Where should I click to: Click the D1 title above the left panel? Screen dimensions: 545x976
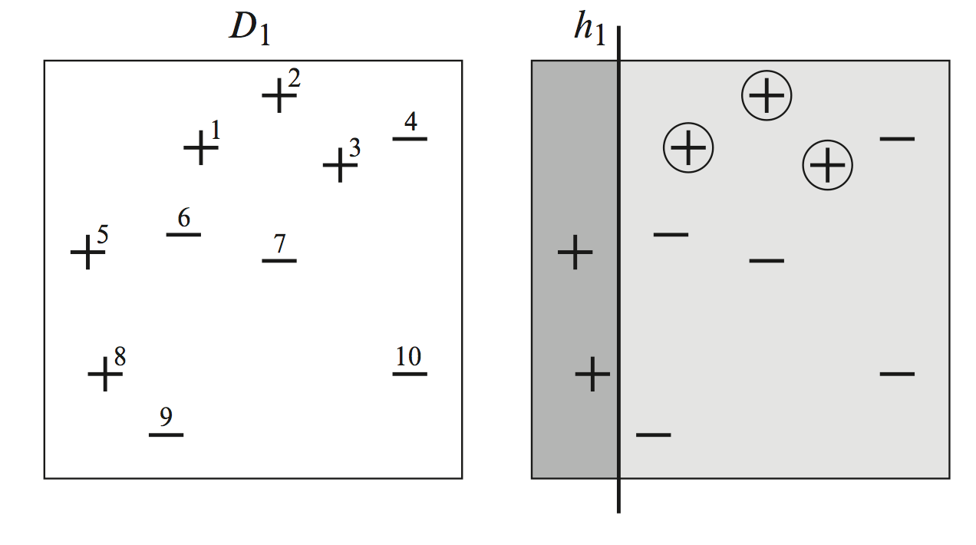(250, 29)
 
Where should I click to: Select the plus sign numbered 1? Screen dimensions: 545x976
(200, 147)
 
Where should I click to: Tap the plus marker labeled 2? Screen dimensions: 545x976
(279, 97)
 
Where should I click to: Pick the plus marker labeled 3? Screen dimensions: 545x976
(339, 164)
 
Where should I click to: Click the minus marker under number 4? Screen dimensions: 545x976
(410, 138)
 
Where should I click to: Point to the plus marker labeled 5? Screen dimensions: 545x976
(87, 252)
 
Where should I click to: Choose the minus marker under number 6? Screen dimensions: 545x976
(183, 234)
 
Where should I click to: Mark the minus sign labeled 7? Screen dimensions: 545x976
(279, 261)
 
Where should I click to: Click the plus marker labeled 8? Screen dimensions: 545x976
(105, 375)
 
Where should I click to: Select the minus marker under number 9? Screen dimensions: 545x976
(166, 434)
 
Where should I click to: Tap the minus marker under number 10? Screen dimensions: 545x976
(409, 374)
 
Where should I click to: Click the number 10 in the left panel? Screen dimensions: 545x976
(409, 356)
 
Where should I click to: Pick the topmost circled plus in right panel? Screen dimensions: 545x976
(767, 95)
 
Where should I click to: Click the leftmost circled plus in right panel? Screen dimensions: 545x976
(688, 147)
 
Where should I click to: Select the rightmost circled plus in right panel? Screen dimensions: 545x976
(827, 164)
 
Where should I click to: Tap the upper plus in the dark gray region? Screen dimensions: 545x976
(575, 252)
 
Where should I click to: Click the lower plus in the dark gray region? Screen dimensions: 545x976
(592, 375)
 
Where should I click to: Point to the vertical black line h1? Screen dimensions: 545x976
(618, 307)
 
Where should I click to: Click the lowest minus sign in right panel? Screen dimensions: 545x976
(654, 434)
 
